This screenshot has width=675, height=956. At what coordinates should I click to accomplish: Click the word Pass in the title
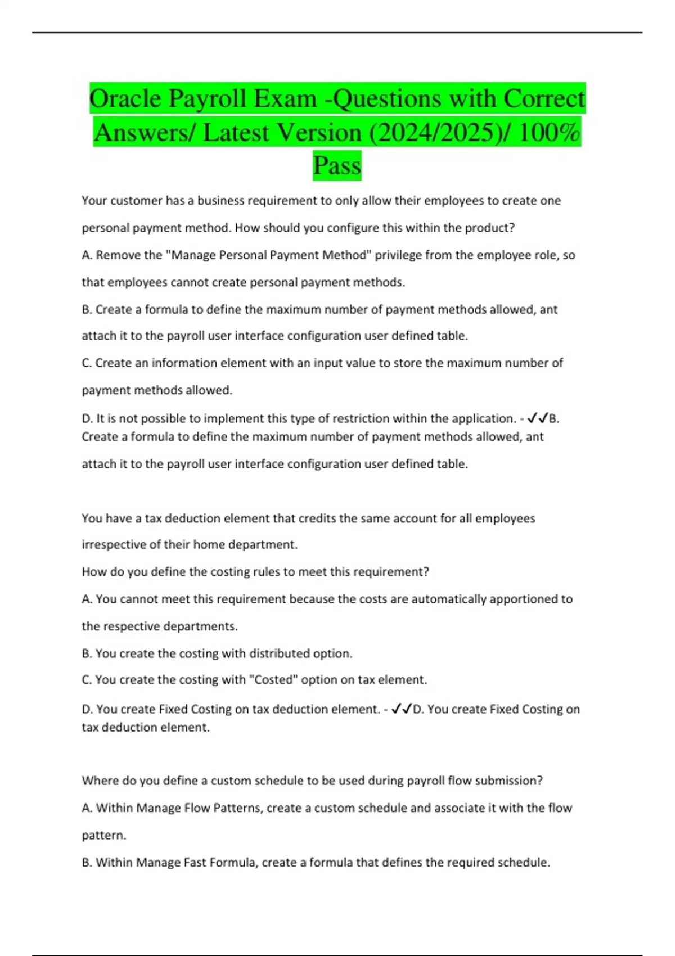[337, 166]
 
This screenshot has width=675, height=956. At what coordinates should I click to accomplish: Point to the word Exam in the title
[285, 99]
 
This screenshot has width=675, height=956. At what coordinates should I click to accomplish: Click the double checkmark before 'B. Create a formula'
[538, 418]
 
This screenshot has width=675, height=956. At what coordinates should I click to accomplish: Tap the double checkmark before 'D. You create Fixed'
[402, 709]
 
